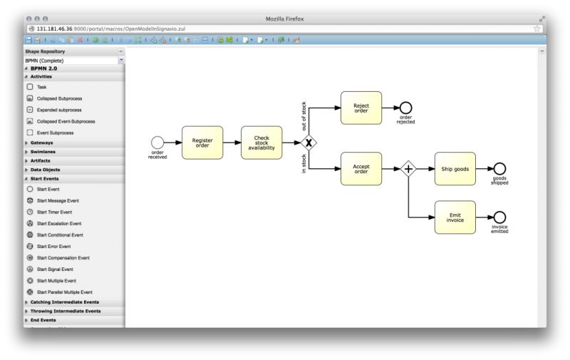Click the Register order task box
202,143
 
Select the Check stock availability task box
261,143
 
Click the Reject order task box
361,108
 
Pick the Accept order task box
361,169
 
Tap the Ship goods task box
455,169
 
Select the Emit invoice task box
455,217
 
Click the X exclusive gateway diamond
309,143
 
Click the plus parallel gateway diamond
408,169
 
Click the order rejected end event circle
406,108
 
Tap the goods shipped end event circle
499,169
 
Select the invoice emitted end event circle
499,217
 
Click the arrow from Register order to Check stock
232,143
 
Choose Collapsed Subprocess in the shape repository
59,98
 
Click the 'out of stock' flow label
304,115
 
